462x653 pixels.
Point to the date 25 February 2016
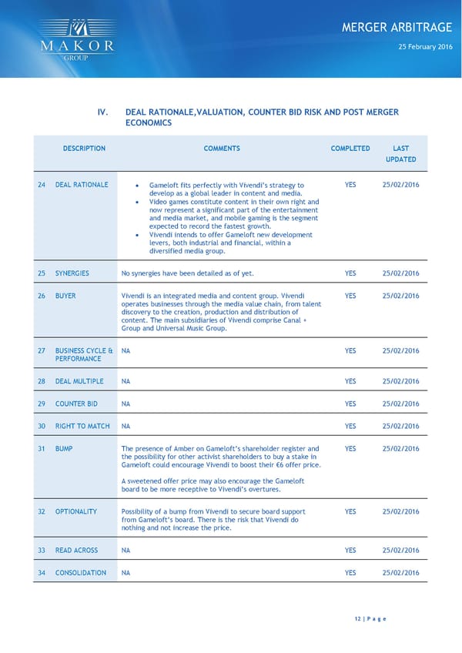point(425,48)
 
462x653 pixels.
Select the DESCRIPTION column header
point(84,149)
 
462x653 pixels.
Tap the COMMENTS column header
point(222,149)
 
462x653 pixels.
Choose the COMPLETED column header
point(350,149)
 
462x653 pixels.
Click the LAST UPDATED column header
point(400,154)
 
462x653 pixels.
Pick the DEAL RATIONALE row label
point(82,185)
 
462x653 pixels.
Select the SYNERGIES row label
point(72,273)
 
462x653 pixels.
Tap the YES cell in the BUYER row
point(350,296)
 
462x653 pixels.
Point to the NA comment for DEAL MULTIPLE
point(126,381)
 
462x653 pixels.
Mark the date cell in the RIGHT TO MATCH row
point(400,426)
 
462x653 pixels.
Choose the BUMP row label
point(64,448)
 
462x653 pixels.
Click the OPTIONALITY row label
point(76,511)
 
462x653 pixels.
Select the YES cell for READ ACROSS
point(350,550)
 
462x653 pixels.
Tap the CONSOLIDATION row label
point(81,573)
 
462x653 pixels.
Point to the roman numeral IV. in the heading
point(102,112)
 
